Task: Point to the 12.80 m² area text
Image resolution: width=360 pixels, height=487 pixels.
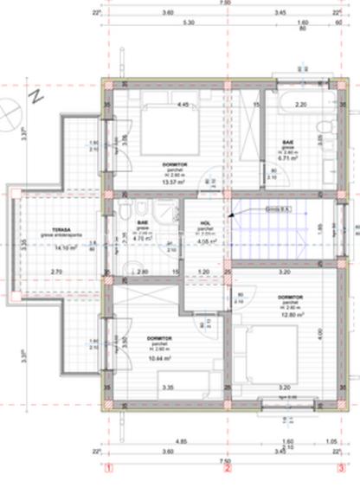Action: (x=288, y=314)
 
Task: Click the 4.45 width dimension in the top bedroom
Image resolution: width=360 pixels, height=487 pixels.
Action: (x=183, y=105)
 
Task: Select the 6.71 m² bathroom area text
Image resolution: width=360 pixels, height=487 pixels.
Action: (x=288, y=159)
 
